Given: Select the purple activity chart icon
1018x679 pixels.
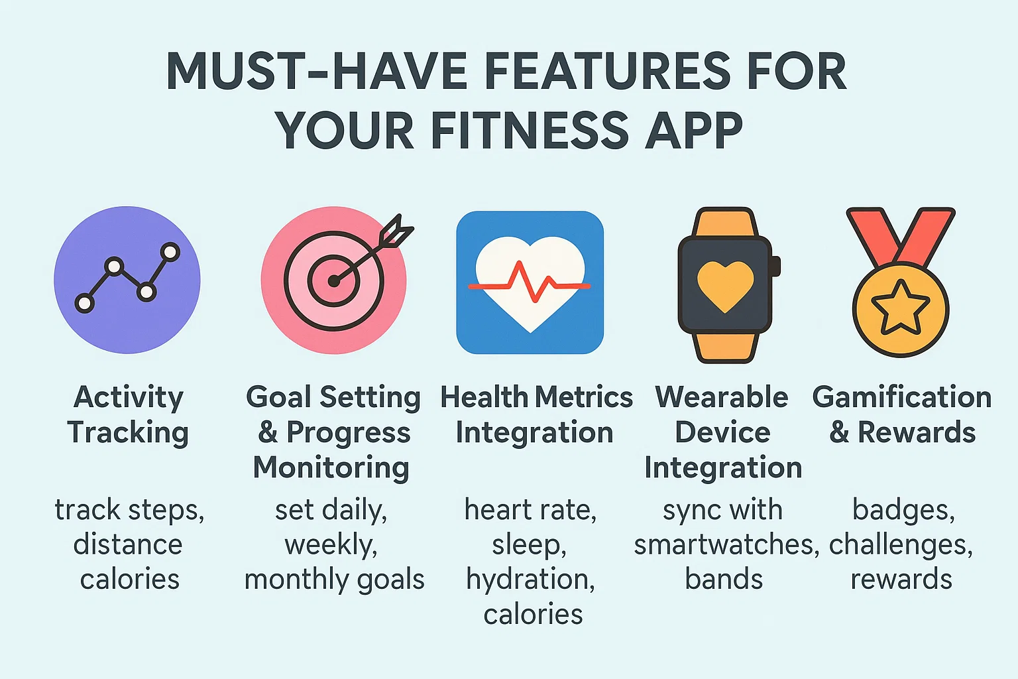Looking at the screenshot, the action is tap(127, 280).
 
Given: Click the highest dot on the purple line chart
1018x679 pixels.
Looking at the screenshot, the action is tap(170, 252).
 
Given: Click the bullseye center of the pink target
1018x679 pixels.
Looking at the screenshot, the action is tap(334, 281).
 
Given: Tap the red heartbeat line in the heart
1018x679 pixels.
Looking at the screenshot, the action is tap(530, 282).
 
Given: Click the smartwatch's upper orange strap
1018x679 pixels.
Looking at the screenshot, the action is tap(725, 223).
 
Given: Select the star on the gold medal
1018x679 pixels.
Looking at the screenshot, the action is tap(900, 308).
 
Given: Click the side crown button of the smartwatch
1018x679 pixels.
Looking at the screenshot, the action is tap(776, 266).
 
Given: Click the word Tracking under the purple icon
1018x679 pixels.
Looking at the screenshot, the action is tap(128, 434).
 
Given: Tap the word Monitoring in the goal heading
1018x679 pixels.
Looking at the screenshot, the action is tap(331, 468).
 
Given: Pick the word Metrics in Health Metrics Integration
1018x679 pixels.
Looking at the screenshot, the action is tap(584, 397).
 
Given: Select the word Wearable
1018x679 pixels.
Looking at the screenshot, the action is tap(722, 397).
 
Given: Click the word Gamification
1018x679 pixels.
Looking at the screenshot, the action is tap(901, 397).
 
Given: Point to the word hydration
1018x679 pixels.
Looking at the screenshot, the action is tap(530, 581).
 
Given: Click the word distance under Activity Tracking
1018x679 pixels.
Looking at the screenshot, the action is tap(128, 545).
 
